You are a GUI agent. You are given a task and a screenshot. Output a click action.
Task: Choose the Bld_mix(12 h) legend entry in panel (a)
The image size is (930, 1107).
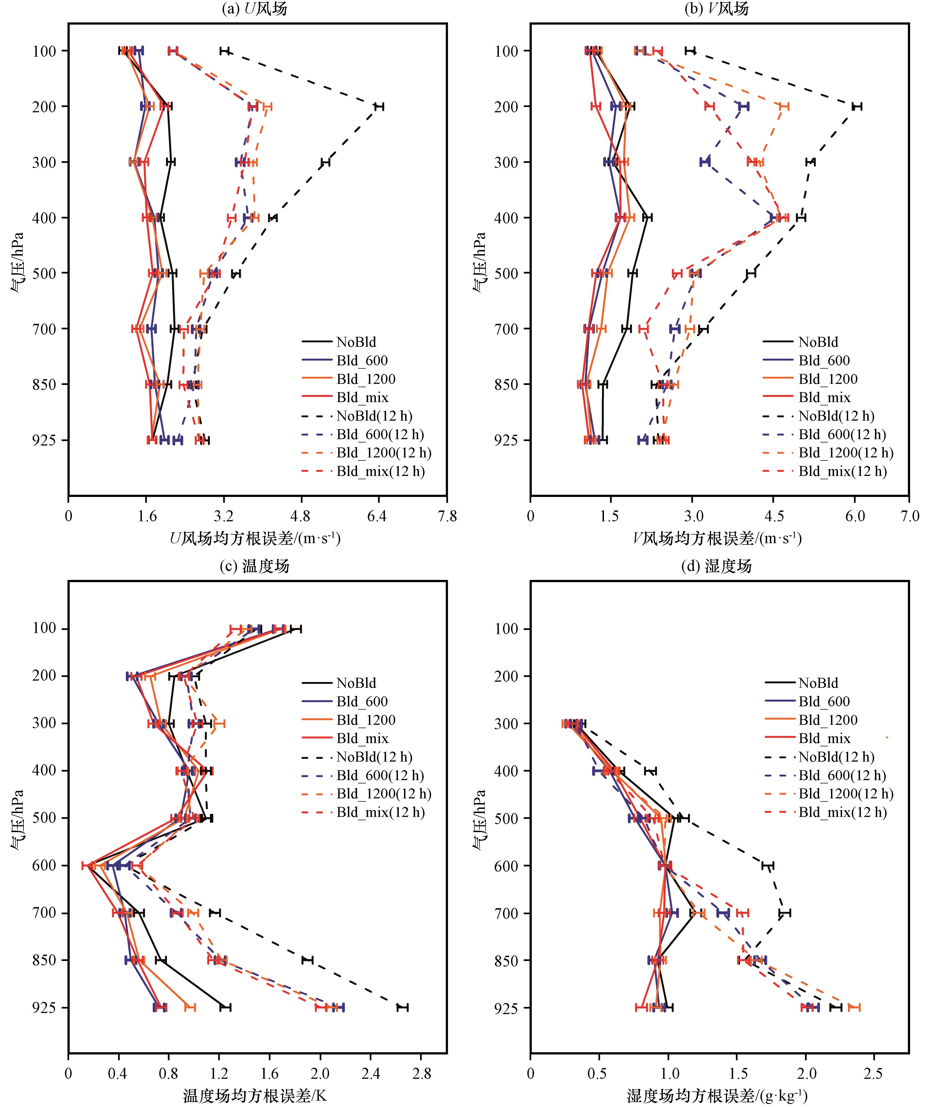coord(363,471)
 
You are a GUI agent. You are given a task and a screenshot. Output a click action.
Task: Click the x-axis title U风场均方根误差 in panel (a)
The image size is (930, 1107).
coord(255,538)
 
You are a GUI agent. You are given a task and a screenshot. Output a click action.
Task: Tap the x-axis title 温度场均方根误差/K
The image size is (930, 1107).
coord(255,1096)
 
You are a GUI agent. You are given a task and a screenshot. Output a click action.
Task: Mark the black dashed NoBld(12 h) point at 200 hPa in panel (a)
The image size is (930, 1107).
coord(379,106)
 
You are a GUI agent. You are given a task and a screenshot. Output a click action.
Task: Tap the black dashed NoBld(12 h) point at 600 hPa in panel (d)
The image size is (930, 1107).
coord(768,866)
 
